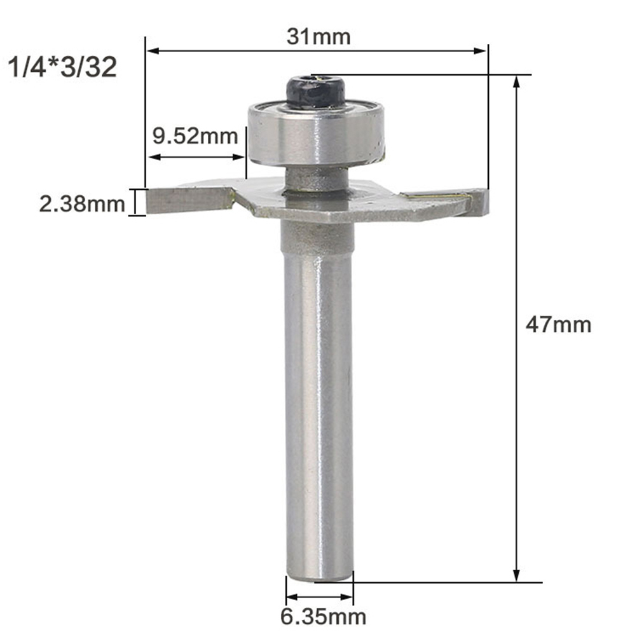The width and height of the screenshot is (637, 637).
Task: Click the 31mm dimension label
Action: (x=318, y=37)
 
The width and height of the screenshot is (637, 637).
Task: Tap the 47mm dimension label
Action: (x=558, y=325)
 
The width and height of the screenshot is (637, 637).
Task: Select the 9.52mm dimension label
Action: (x=195, y=135)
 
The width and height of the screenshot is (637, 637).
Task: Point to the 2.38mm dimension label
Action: (x=81, y=203)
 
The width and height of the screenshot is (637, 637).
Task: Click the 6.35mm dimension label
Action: (x=323, y=616)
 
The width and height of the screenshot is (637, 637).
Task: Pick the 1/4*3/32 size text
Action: (x=62, y=67)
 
